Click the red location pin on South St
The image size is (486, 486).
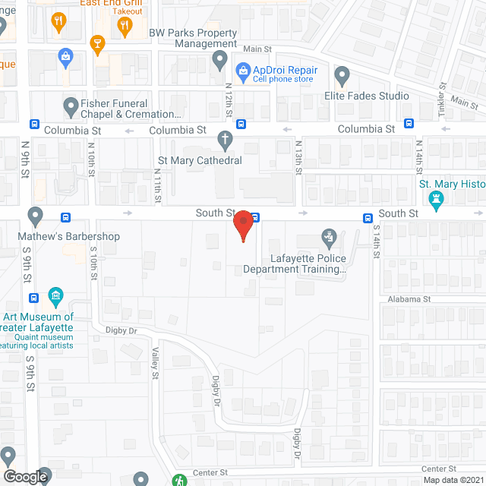tap(243, 226)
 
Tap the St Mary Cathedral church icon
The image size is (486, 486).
tap(224, 140)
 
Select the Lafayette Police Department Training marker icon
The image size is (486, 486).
tap(329, 238)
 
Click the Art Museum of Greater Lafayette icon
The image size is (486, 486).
tap(55, 295)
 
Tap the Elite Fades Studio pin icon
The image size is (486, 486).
tap(342, 76)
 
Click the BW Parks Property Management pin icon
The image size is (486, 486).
tap(219, 58)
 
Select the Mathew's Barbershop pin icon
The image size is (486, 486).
tap(35, 216)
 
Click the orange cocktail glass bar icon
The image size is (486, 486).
tap(96, 44)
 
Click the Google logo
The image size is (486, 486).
tap(25, 476)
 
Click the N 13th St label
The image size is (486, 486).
tap(298, 156)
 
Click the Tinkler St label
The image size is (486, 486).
tap(441, 103)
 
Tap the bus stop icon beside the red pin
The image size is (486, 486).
tap(255, 217)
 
